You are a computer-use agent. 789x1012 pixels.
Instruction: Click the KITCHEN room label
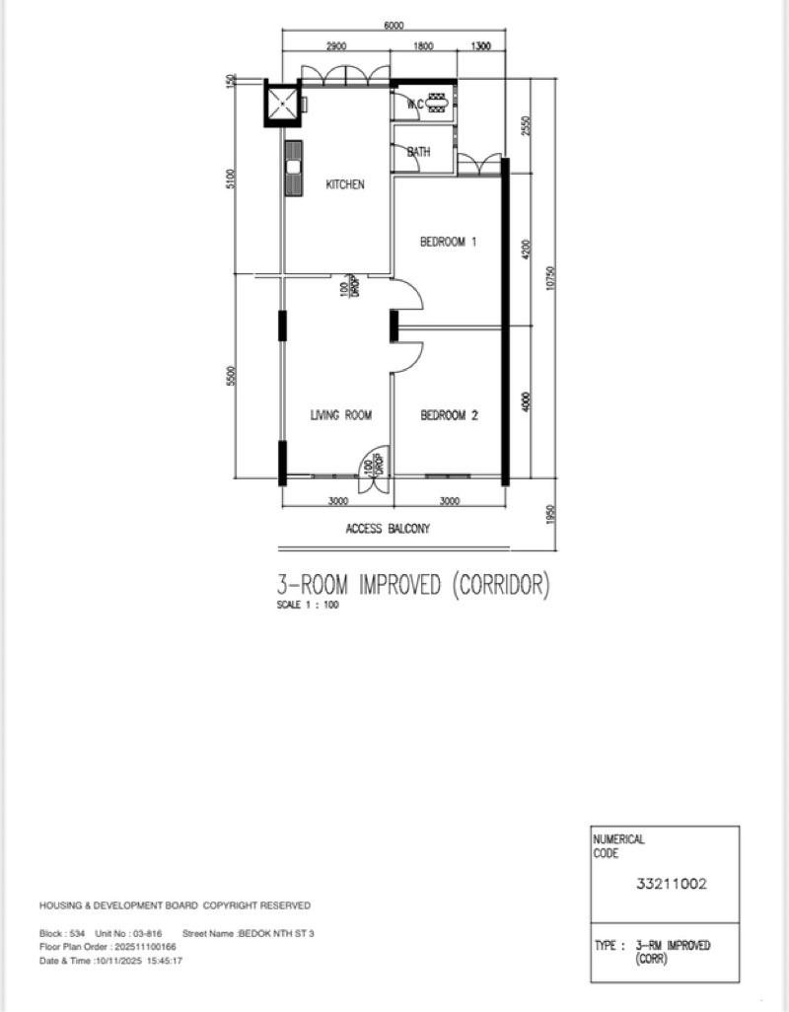pyautogui.click(x=345, y=184)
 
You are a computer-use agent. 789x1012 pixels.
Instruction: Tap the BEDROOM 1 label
pyautogui.click(x=449, y=242)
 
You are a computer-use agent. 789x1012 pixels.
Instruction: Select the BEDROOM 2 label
pyautogui.click(x=449, y=416)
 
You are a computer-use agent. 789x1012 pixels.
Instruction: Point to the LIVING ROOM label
pyautogui.click(x=341, y=416)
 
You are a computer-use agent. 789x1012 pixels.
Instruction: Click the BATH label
pyautogui.click(x=419, y=152)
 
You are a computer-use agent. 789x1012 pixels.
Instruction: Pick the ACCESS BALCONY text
pyautogui.click(x=388, y=529)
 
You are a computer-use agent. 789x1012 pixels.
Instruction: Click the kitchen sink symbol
pyautogui.click(x=293, y=169)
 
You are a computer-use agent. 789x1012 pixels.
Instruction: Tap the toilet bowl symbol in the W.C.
pyautogui.click(x=438, y=103)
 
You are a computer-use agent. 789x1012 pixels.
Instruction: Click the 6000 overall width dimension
pyautogui.click(x=393, y=27)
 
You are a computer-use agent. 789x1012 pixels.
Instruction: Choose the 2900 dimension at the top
pyautogui.click(x=335, y=46)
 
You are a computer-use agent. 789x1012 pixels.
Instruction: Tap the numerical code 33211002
pyautogui.click(x=672, y=884)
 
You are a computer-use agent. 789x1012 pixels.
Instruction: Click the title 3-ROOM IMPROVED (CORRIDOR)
pyautogui.click(x=412, y=585)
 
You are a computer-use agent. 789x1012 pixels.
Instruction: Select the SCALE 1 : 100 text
pyautogui.click(x=307, y=606)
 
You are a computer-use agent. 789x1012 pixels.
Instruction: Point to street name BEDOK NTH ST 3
pyautogui.click(x=275, y=933)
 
